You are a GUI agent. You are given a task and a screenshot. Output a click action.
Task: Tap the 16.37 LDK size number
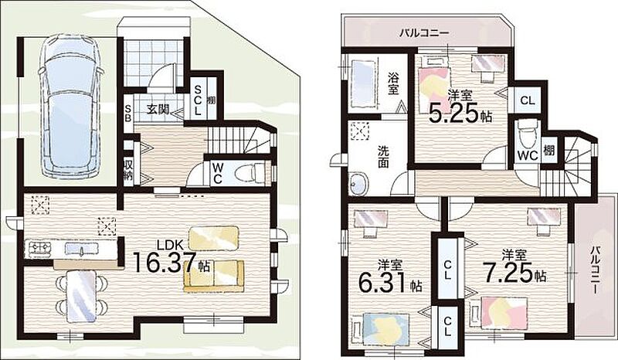[x=165, y=263]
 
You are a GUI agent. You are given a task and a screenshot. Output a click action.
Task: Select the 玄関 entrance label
[x=158, y=109]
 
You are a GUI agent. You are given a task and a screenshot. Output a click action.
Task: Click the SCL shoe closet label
[x=198, y=100]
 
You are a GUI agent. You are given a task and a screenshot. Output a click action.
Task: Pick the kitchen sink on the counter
[x=82, y=249]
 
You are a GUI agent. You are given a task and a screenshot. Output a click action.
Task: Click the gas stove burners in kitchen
[x=38, y=248]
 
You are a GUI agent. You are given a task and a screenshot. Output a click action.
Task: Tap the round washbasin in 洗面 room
[x=358, y=184]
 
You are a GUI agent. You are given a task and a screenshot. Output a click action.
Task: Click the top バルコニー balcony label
[x=424, y=32]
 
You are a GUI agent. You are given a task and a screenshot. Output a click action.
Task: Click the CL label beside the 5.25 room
[x=528, y=100]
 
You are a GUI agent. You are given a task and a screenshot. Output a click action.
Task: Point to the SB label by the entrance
[x=128, y=113]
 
